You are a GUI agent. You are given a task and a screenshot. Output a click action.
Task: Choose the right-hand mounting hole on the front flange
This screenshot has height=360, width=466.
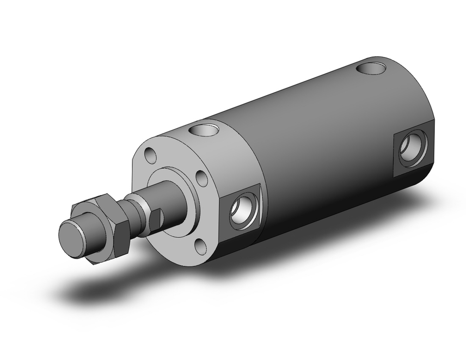pyautogui.click(x=201, y=177)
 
